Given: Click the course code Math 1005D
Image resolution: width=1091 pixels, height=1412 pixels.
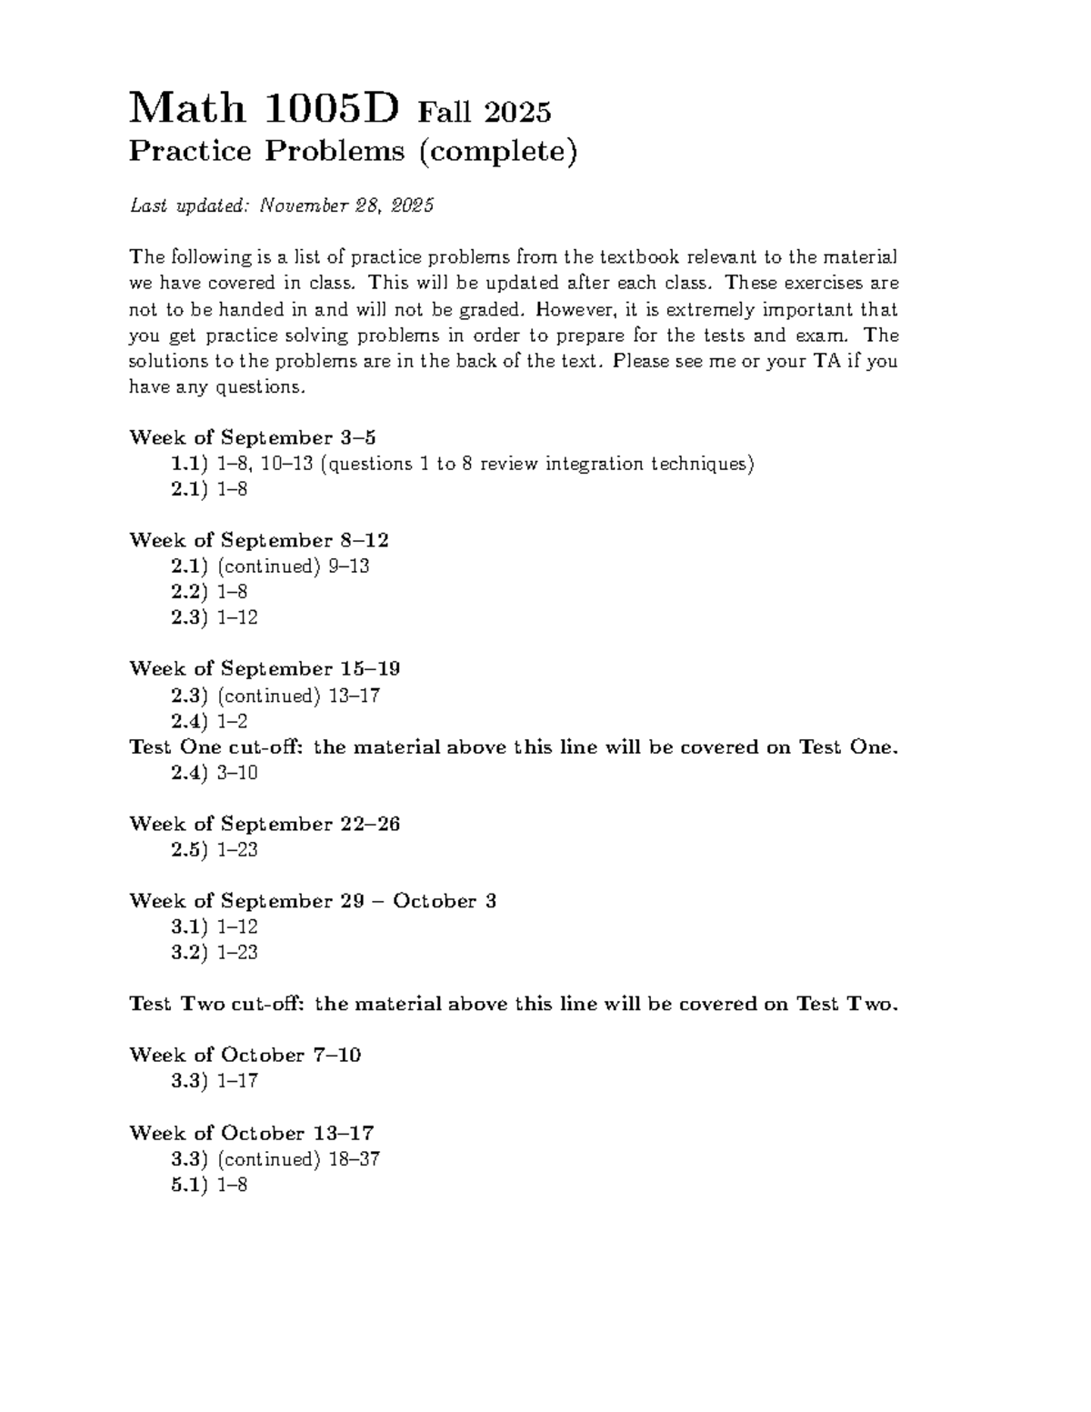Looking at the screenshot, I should (265, 109).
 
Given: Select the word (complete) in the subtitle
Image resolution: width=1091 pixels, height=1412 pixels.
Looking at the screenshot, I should (497, 151).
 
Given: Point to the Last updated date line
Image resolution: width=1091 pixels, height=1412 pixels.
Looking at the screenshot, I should (281, 206).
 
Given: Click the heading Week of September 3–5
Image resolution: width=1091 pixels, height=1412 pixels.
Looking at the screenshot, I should (253, 437).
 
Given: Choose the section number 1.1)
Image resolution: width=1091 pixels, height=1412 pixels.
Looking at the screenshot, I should (191, 464).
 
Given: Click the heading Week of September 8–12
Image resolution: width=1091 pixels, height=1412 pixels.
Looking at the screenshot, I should (259, 540).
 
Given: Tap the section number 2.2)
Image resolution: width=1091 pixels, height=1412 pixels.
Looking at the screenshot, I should (191, 592).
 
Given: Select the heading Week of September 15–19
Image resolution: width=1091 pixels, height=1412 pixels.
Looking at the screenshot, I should (265, 668).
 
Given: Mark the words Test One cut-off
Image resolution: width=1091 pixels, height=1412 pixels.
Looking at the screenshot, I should (217, 747).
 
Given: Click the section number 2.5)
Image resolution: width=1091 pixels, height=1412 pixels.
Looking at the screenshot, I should (191, 850).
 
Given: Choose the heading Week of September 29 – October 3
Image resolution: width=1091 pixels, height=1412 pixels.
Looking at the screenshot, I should (313, 901).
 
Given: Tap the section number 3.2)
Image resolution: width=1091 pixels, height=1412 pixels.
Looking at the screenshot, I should (191, 953).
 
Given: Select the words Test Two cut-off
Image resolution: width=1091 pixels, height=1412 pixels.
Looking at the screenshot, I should (217, 1004).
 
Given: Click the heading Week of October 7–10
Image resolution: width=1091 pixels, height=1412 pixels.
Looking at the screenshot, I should (245, 1055).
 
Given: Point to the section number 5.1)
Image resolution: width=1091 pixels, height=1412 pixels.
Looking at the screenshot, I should (191, 1185).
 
